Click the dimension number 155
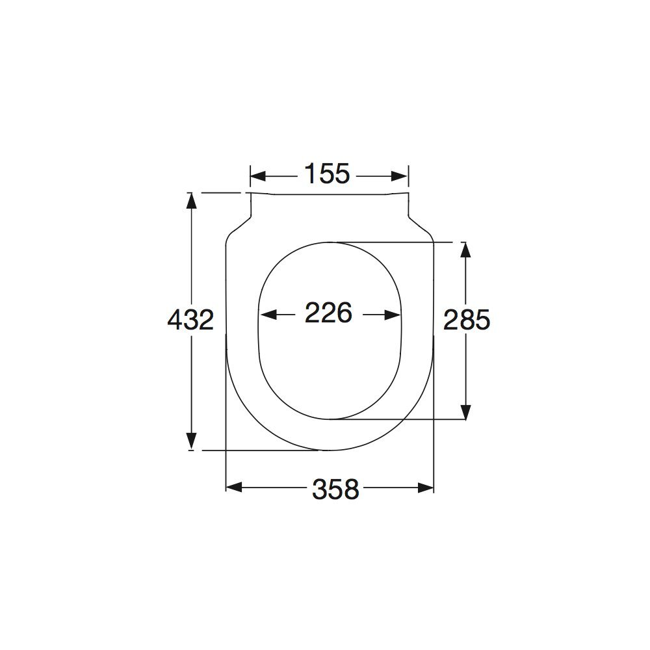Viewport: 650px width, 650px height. (327, 174)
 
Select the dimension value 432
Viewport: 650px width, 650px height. (190, 320)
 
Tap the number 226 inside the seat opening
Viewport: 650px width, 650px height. (328, 313)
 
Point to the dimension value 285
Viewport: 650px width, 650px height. (467, 320)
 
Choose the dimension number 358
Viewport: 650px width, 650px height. (335, 489)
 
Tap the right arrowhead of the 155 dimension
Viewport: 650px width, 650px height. (400, 176)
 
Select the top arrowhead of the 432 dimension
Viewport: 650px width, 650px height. (190, 201)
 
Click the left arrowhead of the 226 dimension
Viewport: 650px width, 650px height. (268, 315)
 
